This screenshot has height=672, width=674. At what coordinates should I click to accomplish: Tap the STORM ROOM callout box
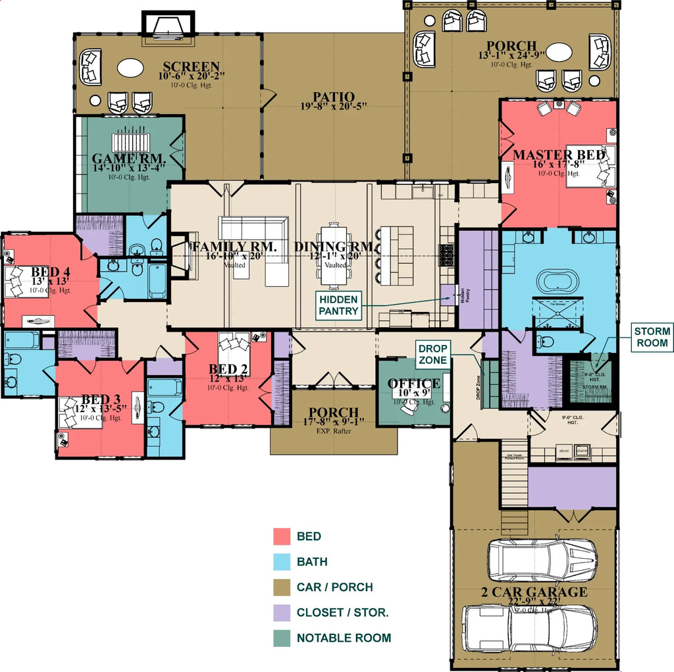(652, 337)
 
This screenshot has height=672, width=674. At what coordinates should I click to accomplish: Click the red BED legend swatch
(282, 536)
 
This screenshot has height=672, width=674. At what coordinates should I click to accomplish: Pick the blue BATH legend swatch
(282, 562)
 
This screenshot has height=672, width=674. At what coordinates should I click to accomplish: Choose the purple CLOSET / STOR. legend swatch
(282, 613)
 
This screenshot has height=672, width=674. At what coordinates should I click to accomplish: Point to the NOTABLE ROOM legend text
(344, 638)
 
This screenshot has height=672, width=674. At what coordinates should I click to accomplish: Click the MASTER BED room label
(559, 155)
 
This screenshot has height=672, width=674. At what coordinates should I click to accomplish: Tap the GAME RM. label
(128, 159)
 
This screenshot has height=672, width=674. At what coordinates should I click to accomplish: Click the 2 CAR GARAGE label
(534, 592)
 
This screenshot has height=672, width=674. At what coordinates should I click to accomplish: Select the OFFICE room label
(414, 384)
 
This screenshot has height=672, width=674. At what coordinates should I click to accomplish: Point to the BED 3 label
(101, 400)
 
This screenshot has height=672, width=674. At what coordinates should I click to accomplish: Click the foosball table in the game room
(132, 142)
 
